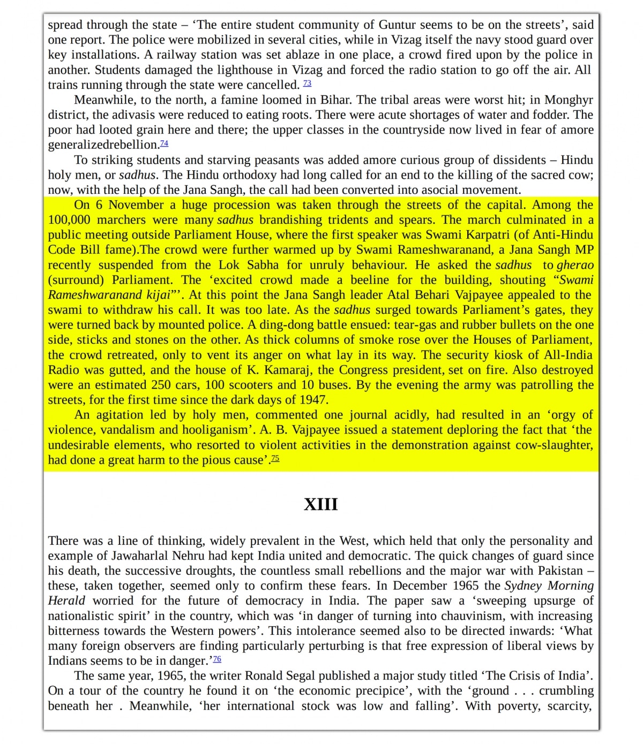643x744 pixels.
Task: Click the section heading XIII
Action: [320, 504]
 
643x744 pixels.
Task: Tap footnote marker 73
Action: [307, 83]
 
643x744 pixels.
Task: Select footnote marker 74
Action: [164, 143]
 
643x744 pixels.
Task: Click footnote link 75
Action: [275, 459]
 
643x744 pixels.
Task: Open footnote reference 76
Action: [217, 659]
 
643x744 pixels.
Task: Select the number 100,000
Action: [69, 220]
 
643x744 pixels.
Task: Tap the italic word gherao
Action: [575, 265]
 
